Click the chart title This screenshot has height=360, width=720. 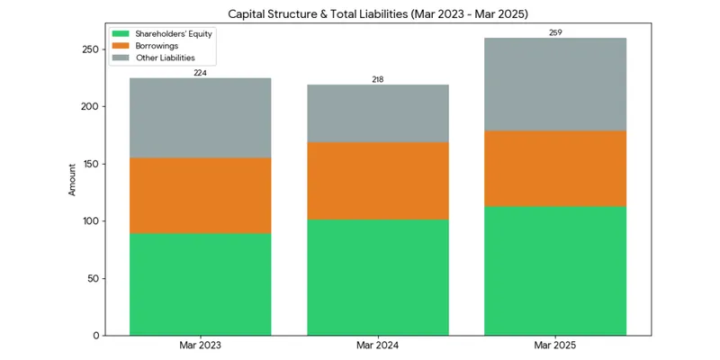click(378, 14)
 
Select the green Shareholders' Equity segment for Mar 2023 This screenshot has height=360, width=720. click(200, 284)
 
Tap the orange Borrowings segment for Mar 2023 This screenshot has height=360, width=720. click(200, 196)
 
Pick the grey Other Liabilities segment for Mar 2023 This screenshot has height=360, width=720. click(200, 118)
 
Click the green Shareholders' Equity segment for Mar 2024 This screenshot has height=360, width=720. click(378, 278)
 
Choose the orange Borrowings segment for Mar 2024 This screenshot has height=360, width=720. click(378, 181)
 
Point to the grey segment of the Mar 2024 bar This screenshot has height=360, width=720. click(378, 113)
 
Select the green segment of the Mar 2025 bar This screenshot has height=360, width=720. click(555, 271)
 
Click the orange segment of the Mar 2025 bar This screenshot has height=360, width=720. click(555, 168)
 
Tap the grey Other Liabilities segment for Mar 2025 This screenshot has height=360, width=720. click(555, 85)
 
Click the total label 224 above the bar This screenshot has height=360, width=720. click(200, 73)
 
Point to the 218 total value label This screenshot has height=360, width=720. click(378, 79)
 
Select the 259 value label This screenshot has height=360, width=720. click(555, 32)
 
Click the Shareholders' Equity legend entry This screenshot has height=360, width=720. click(162, 34)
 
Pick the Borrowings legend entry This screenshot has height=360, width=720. click(146, 46)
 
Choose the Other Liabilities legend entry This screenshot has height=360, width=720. click(154, 58)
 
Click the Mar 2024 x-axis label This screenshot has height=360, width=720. click(378, 345)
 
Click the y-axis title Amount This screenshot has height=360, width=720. click(72, 179)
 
